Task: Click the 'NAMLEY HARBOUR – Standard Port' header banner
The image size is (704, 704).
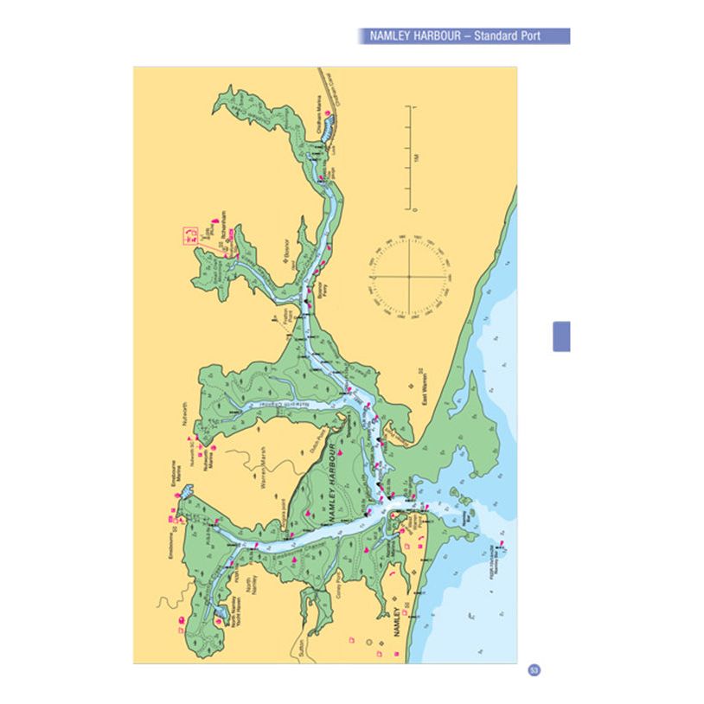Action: [464, 36]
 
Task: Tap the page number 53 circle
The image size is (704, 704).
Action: [534, 670]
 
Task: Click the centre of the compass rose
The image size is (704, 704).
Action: [408, 277]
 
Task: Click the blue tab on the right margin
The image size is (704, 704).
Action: [561, 336]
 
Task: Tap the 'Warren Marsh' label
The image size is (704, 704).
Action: [259, 467]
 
